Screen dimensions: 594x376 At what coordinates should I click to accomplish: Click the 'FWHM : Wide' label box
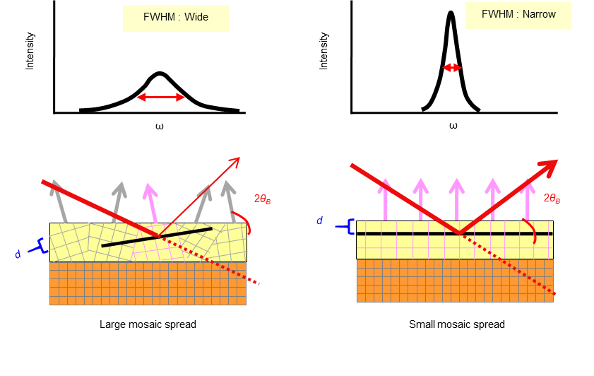click(176, 18)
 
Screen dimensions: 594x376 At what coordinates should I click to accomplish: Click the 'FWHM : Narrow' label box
click(518, 15)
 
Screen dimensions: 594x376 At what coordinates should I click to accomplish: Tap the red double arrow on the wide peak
click(160, 98)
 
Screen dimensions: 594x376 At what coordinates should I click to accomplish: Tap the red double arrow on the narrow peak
click(452, 68)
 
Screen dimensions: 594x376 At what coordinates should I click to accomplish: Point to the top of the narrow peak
click(451, 13)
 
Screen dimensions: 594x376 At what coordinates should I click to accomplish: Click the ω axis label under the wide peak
click(160, 127)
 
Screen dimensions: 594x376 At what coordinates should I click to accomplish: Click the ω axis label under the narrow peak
click(453, 126)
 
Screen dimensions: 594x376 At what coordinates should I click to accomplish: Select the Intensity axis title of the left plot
click(30, 51)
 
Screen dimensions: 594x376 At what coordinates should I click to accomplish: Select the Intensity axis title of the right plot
click(323, 51)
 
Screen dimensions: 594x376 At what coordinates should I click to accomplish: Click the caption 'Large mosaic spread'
click(148, 324)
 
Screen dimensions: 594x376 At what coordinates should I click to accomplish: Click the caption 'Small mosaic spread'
click(457, 324)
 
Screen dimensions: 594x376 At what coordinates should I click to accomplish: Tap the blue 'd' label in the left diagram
click(18, 254)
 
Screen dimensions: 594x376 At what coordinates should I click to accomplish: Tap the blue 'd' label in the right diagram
click(320, 221)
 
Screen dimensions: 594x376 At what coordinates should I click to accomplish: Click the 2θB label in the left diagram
click(262, 199)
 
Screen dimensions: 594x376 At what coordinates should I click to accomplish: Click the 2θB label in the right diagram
click(552, 198)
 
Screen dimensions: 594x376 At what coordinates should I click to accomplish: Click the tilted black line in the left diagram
click(157, 237)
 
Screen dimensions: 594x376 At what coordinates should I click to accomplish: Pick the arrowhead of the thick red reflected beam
click(550, 168)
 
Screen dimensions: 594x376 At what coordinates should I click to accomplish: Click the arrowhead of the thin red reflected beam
click(235, 162)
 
